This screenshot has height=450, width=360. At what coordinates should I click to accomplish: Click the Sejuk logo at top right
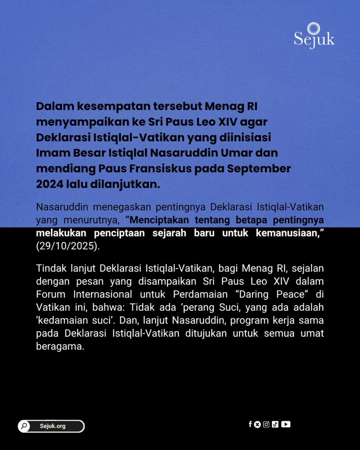[314, 36]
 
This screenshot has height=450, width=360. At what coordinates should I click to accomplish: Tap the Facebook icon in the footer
[250, 424]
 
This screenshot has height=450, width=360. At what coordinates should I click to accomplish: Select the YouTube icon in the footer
[286, 424]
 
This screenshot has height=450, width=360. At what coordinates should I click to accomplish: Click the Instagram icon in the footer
[266, 424]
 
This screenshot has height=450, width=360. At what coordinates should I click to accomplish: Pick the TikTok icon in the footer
[275, 424]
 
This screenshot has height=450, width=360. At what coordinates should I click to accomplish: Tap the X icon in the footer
[258, 424]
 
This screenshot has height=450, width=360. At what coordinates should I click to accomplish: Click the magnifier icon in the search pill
[24, 426]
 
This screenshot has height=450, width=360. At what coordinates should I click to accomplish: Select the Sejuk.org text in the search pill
[53, 426]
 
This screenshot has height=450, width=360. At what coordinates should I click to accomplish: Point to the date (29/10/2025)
[68, 246]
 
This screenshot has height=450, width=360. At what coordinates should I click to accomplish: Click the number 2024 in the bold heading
[50, 184]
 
